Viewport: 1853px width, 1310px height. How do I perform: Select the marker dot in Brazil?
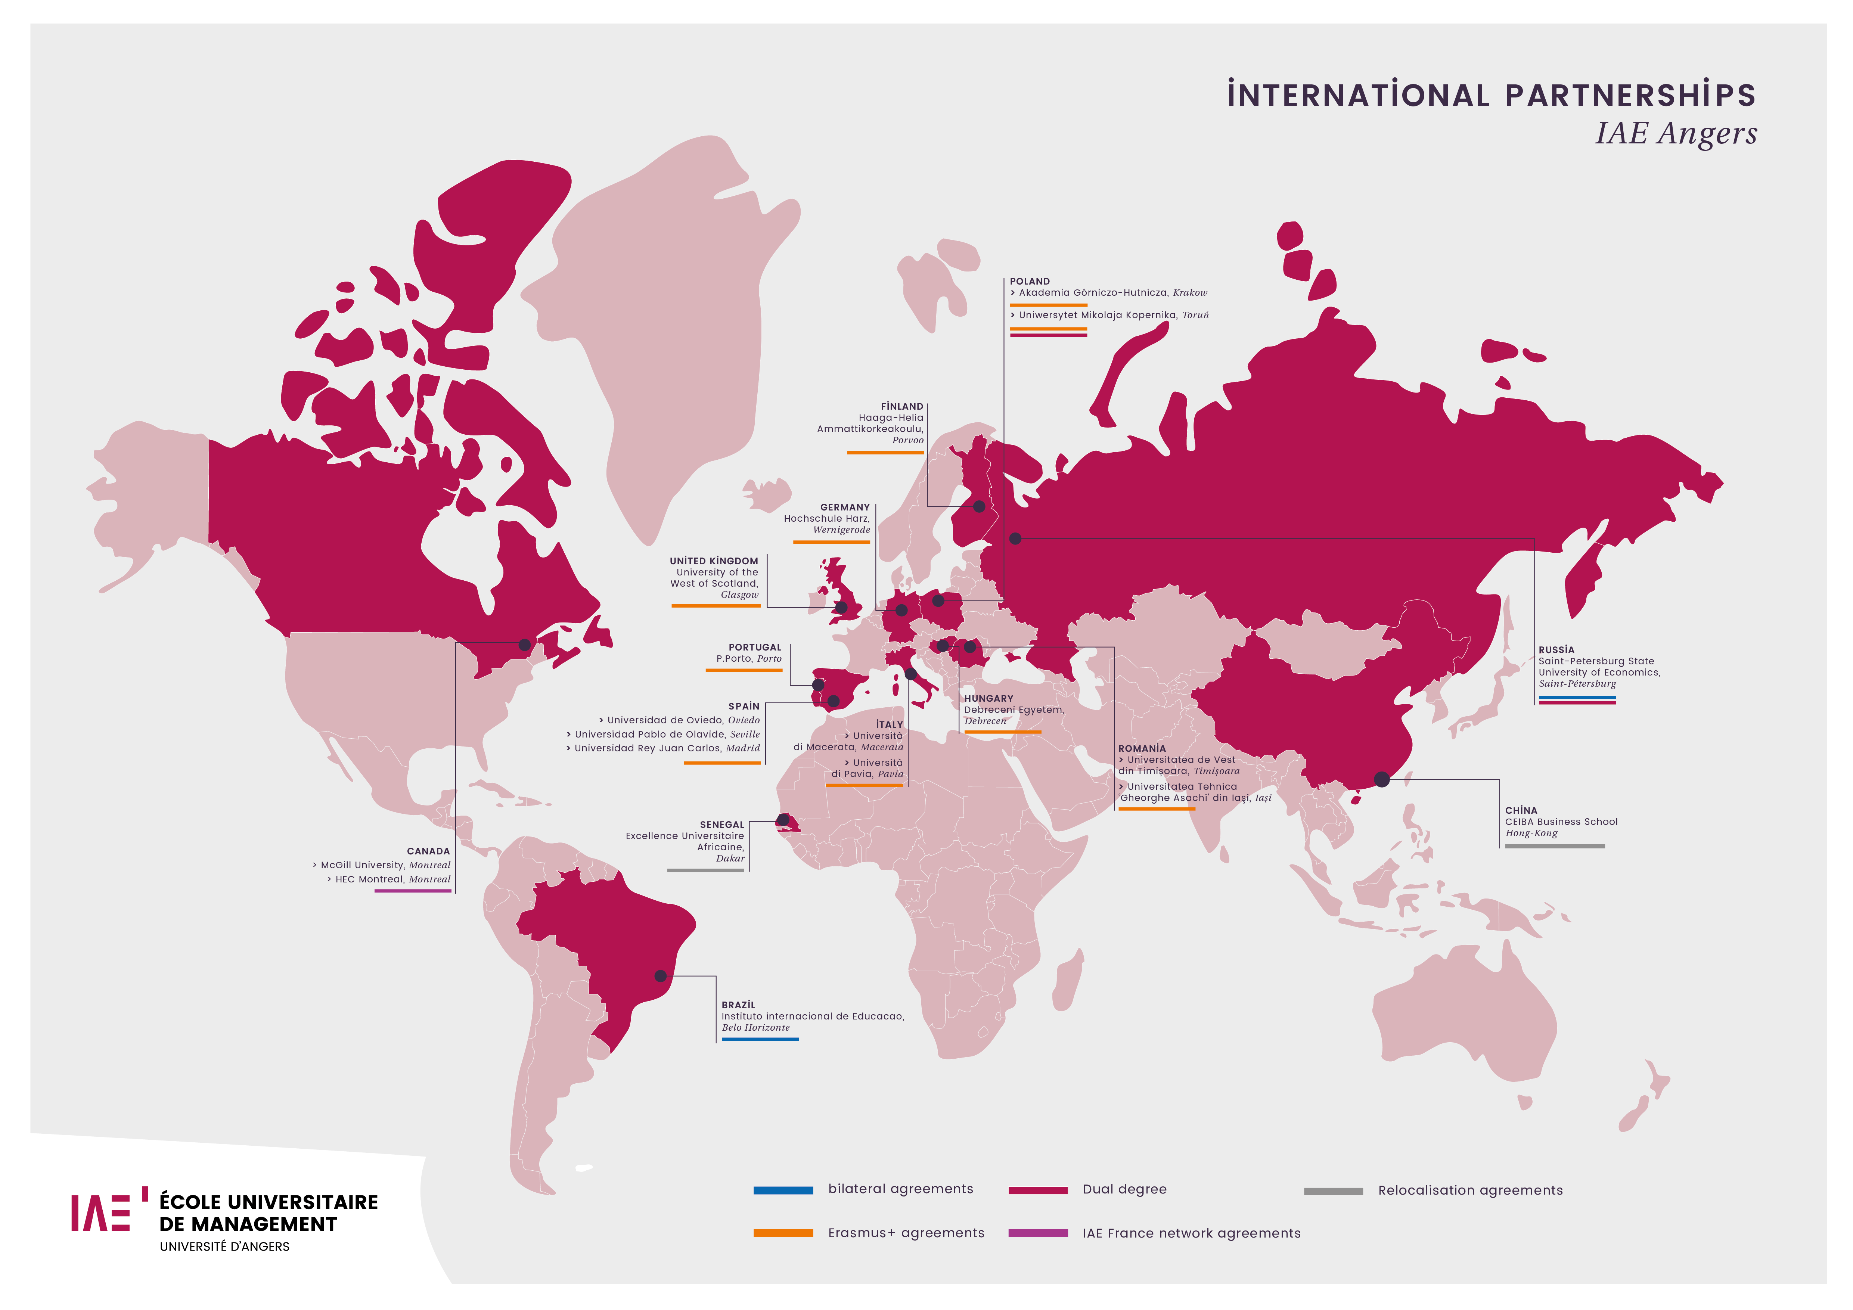[660, 976]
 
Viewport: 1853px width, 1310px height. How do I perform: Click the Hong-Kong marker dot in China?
[1382, 779]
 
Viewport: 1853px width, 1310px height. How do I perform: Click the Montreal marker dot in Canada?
[525, 644]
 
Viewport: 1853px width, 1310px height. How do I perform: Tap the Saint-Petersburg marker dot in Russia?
[1015, 538]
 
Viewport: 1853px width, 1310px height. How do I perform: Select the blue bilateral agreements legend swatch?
[783, 1190]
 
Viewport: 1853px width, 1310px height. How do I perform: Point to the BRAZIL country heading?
[738, 1005]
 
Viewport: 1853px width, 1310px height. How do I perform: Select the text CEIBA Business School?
[1561, 822]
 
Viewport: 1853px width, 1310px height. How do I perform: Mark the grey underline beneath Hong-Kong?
[1554, 846]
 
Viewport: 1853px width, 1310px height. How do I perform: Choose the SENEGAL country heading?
[721, 825]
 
